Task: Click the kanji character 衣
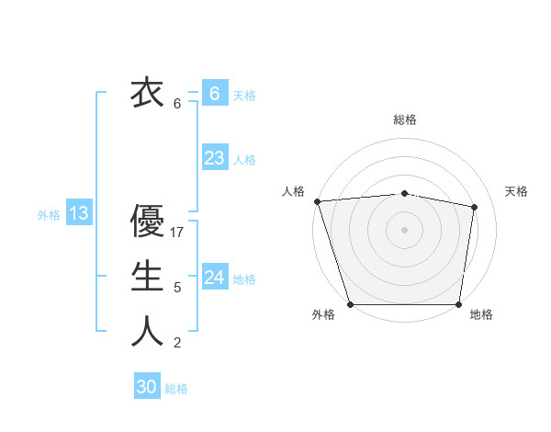click(146, 93)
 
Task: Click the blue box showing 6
click(214, 93)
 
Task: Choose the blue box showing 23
click(214, 157)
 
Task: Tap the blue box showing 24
click(214, 277)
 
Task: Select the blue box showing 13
click(79, 213)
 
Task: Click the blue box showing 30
click(147, 387)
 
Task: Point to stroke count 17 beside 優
click(178, 233)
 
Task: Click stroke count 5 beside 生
click(177, 288)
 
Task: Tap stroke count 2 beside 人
click(177, 343)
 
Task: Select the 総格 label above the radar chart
click(405, 119)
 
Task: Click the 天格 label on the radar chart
click(517, 191)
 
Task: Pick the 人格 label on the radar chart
click(293, 191)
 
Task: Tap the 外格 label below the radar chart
click(323, 314)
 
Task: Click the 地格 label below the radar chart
click(481, 314)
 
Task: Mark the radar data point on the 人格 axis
click(317, 201)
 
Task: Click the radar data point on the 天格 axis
click(474, 207)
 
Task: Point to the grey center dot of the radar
click(405, 230)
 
